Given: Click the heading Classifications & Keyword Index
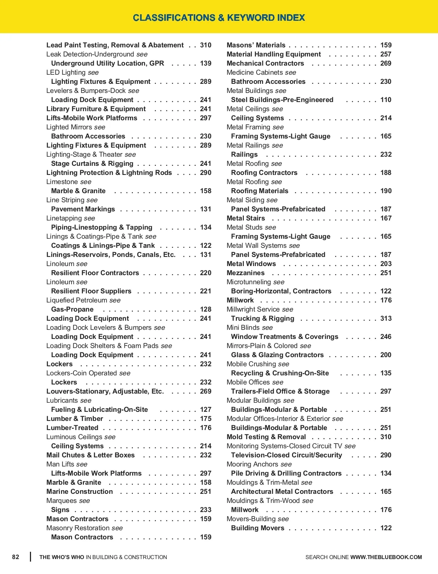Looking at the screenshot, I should pos(219,17).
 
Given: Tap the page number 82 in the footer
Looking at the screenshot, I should pos(16,557).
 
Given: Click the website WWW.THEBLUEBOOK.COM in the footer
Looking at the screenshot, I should pos(386,557).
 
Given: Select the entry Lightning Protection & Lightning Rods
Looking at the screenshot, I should pos(109,173).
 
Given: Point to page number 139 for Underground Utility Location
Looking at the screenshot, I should pos(205,63).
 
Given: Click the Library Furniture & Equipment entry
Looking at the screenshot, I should pos(96,109).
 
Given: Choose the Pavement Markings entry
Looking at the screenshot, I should pos(83,209).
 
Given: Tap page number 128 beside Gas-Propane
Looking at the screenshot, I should pos(205,309).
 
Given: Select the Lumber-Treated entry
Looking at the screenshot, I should pos(72,428).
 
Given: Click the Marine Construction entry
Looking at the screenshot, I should pos(80,492).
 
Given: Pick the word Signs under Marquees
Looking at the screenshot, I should pos(60,510).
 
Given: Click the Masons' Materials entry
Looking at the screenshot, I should pos(256,45).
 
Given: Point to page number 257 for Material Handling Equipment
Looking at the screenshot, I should pos(386,54).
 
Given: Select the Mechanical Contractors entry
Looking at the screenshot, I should pos(265,63).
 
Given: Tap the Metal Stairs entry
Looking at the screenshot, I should pos(246,218).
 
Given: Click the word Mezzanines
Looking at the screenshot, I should pos(246,273).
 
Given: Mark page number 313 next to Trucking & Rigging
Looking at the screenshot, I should pos(386,319).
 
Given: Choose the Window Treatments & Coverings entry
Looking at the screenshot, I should pos(285,337).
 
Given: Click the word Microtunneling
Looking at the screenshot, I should pos(249,282).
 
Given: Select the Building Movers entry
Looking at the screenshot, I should pos(258,528).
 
